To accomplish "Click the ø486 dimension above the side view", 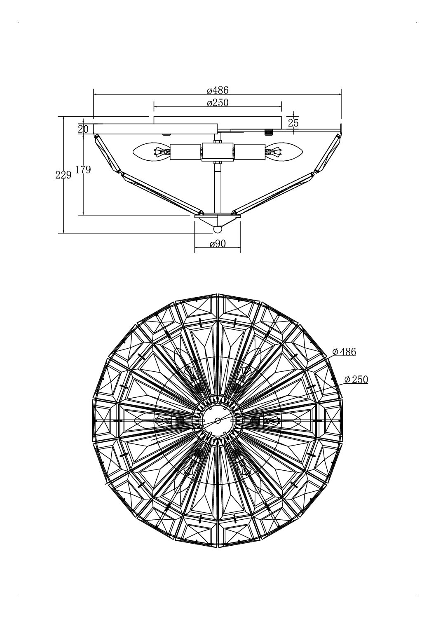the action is [x=218, y=90].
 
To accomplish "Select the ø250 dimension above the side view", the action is [x=218, y=103].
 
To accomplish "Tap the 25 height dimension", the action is [x=293, y=123].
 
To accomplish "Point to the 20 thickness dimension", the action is [x=83, y=129].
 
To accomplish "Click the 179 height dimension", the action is [x=83, y=170].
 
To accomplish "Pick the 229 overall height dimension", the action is [x=63, y=175].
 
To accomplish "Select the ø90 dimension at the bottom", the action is [x=218, y=244].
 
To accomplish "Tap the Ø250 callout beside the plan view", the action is [x=356, y=380].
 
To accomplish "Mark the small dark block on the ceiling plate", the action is [x=268, y=132].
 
